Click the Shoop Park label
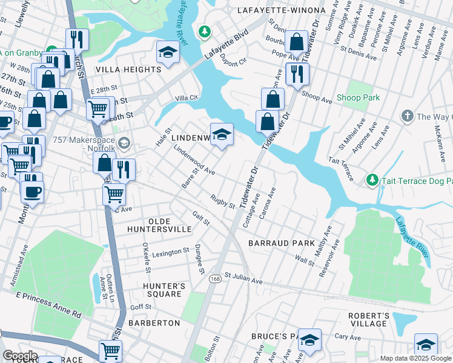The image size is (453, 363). click(x=358, y=98)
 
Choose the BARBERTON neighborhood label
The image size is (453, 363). click(x=154, y=323)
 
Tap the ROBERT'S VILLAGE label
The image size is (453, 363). click(x=368, y=319)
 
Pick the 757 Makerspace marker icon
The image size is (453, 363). click(x=125, y=143)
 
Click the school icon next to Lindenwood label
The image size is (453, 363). click(x=222, y=134)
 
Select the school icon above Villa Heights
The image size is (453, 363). click(x=168, y=52)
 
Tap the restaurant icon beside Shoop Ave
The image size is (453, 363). click(x=297, y=73)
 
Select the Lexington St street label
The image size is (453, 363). click(x=171, y=252)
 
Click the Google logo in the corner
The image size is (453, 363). click(x=20, y=356)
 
